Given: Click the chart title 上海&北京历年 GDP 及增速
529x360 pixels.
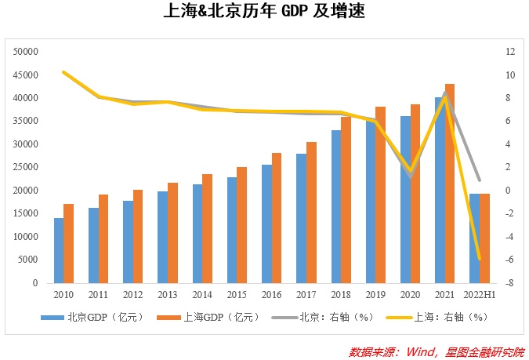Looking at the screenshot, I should click(x=265, y=13).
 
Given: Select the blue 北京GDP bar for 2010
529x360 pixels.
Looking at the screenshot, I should click(x=59, y=250).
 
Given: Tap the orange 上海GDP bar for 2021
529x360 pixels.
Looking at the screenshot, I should click(x=450, y=183).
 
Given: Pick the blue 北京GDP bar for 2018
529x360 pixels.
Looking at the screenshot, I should click(x=336, y=206).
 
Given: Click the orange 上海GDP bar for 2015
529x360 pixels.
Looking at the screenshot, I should click(x=242, y=224).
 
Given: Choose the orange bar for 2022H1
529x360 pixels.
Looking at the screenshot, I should click(x=484, y=238).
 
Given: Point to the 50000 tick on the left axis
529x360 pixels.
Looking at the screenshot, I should click(x=27, y=52).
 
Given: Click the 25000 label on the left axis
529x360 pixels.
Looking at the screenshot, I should click(x=27, y=167).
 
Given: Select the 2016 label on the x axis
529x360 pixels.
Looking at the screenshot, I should click(x=272, y=295).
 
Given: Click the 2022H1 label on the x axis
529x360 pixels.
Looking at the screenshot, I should click(x=479, y=295).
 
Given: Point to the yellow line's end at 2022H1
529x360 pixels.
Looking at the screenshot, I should click(x=479, y=259).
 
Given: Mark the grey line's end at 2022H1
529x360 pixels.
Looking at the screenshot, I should click(x=479, y=180).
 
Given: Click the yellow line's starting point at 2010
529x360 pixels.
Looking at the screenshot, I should click(x=64, y=72).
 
